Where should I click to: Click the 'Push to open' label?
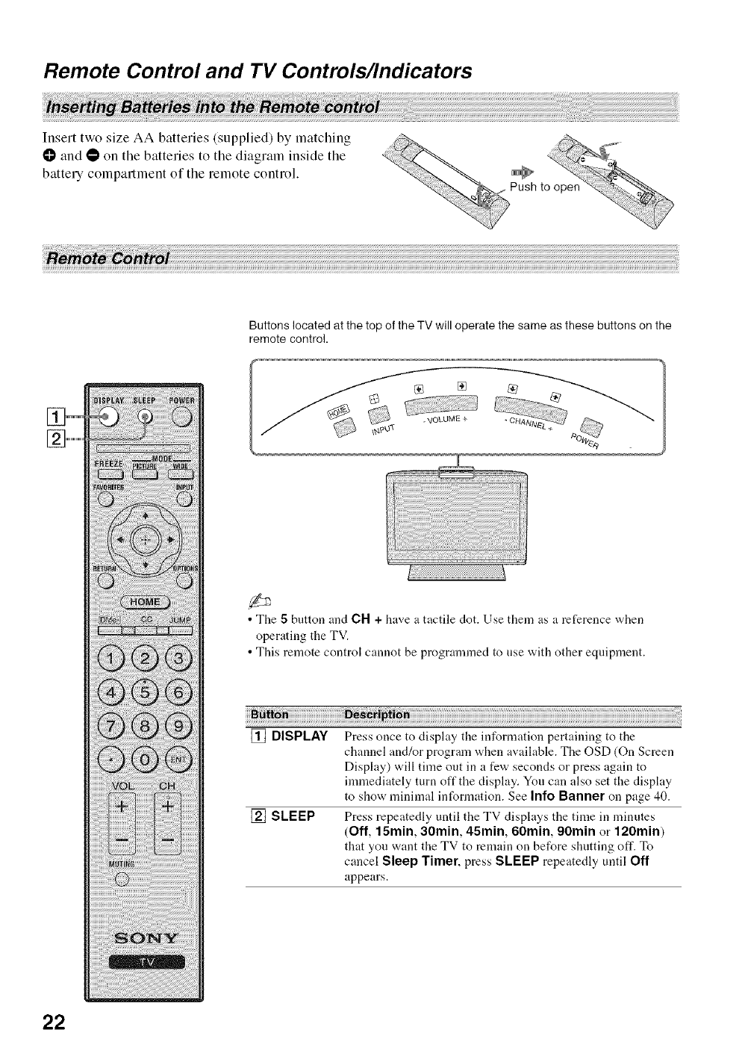click(x=544, y=187)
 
